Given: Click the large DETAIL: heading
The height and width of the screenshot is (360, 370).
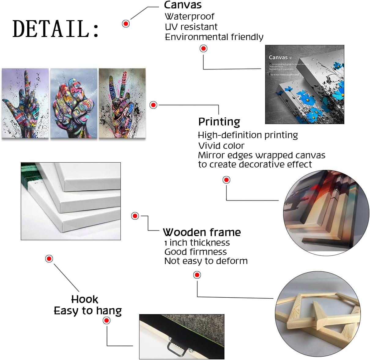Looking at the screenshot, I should pos(56,29).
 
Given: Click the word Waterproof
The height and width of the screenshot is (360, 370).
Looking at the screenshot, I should pos(190,17).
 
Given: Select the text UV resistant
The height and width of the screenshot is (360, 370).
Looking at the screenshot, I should pos(191,27).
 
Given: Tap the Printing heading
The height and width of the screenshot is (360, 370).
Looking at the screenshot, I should pos(219,122).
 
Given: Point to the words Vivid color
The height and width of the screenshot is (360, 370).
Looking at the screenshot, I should pos(221,145).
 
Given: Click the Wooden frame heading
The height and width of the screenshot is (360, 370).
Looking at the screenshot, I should pos(202,232).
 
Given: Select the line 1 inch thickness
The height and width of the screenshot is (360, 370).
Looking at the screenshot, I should pos(197,243).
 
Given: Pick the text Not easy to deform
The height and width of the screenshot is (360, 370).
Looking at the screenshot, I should pos(206,261).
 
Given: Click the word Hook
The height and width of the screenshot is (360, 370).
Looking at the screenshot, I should pos(85,299).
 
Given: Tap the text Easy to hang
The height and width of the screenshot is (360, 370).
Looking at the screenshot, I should pos(88,311).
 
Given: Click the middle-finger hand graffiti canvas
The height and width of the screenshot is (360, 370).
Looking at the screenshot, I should pos(25,103).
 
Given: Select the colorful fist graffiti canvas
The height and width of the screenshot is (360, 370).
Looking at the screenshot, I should pos(74,103).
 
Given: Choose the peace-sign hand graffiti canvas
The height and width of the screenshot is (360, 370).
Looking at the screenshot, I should pos(122,103).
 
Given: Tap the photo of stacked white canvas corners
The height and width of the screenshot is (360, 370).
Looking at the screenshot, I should pos(71,201).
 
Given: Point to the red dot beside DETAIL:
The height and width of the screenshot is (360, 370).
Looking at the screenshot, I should pos(126,24).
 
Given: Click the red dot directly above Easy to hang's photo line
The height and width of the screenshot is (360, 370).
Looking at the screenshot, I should pos(107,321).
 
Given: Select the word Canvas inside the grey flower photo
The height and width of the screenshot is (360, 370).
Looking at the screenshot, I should pos(278,57).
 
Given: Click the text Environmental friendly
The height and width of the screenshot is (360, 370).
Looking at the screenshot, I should pos(214,37).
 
